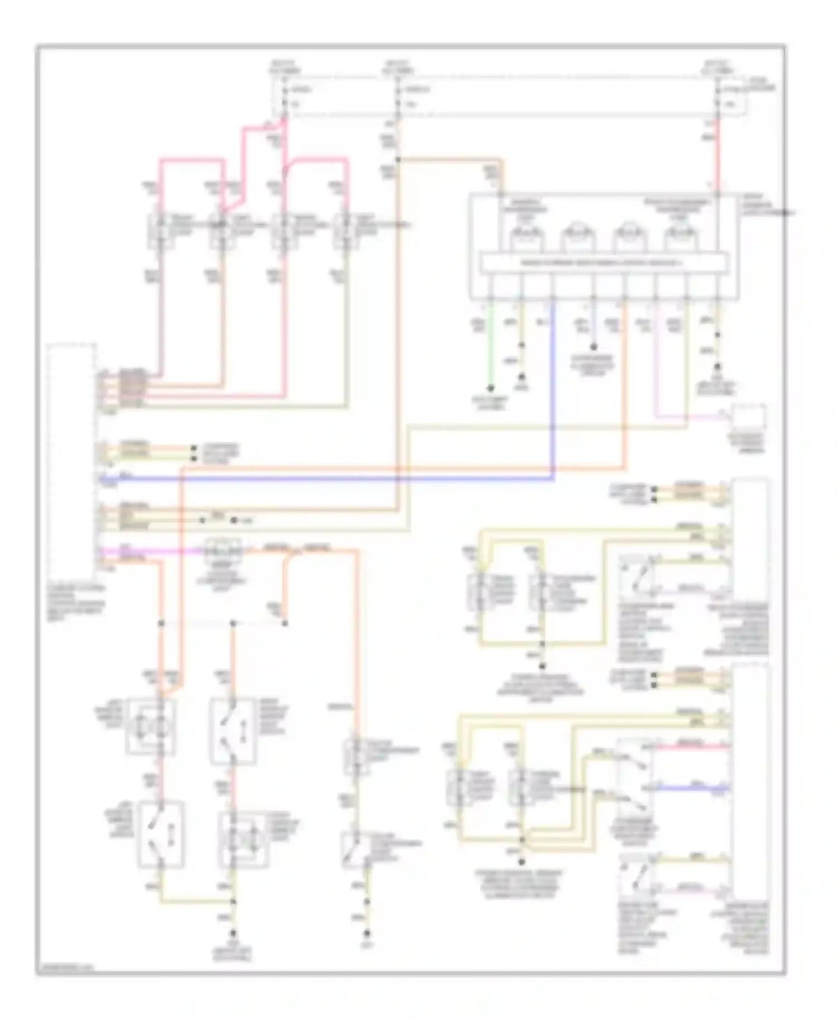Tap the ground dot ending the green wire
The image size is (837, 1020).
490,387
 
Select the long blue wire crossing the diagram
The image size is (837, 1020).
335,479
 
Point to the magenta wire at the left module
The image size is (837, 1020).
151,551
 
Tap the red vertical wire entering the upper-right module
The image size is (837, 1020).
717,156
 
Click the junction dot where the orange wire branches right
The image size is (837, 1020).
398,160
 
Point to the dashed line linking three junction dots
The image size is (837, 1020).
223,623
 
